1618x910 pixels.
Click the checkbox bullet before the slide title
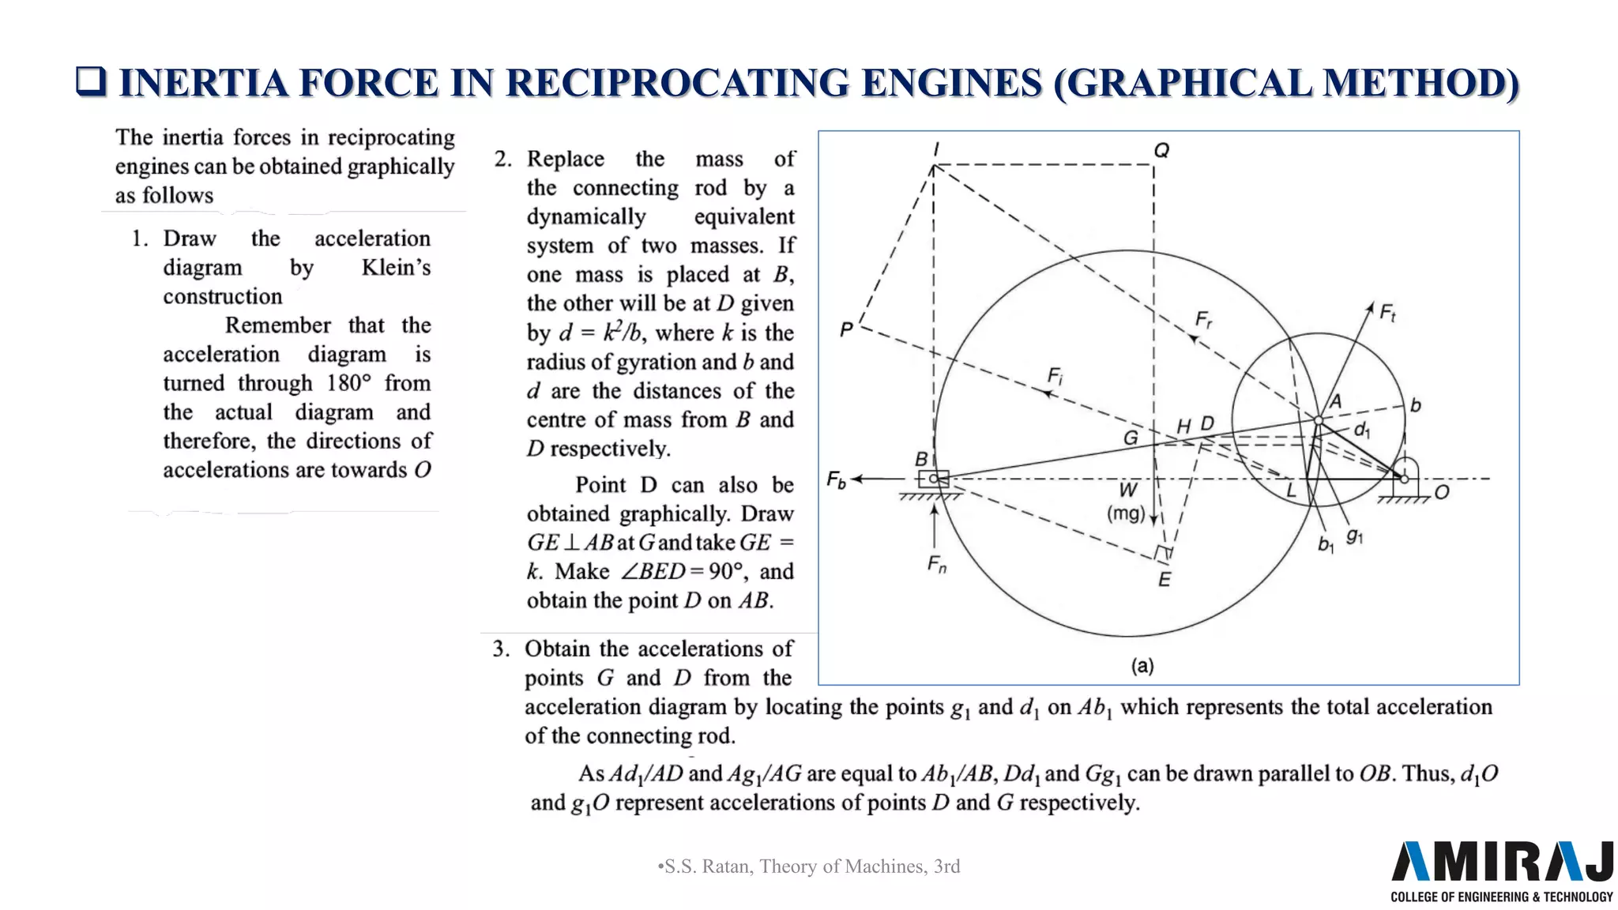(x=91, y=81)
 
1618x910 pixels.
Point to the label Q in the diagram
(x=1161, y=150)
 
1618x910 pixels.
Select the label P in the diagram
(x=846, y=329)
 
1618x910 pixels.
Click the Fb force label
(x=836, y=479)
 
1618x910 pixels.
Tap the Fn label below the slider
(x=936, y=565)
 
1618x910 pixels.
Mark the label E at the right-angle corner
(x=1165, y=580)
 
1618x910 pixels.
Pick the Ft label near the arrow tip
(x=1387, y=314)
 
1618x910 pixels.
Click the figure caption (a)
(x=1142, y=666)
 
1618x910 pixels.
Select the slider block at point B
(x=933, y=479)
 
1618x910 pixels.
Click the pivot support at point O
(x=1405, y=479)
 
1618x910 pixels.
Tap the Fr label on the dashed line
(x=1203, y=320)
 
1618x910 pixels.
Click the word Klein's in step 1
(x=396, y=268)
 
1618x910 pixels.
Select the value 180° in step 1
(x=348, y=383)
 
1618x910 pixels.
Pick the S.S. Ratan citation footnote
(x=809, y=867)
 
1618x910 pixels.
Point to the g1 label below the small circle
(x=1354, y=536)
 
